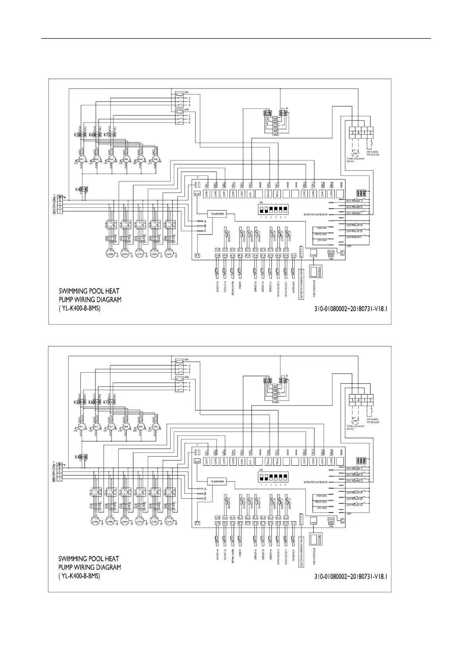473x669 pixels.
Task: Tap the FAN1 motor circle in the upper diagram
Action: tap(82, 159)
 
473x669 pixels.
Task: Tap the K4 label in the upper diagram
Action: tap(77, 189)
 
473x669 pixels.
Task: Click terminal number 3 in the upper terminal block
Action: tap(352, 133)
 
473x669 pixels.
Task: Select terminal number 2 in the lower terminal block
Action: tap(371, 400)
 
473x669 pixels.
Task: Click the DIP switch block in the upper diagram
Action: tap(272, 209)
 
